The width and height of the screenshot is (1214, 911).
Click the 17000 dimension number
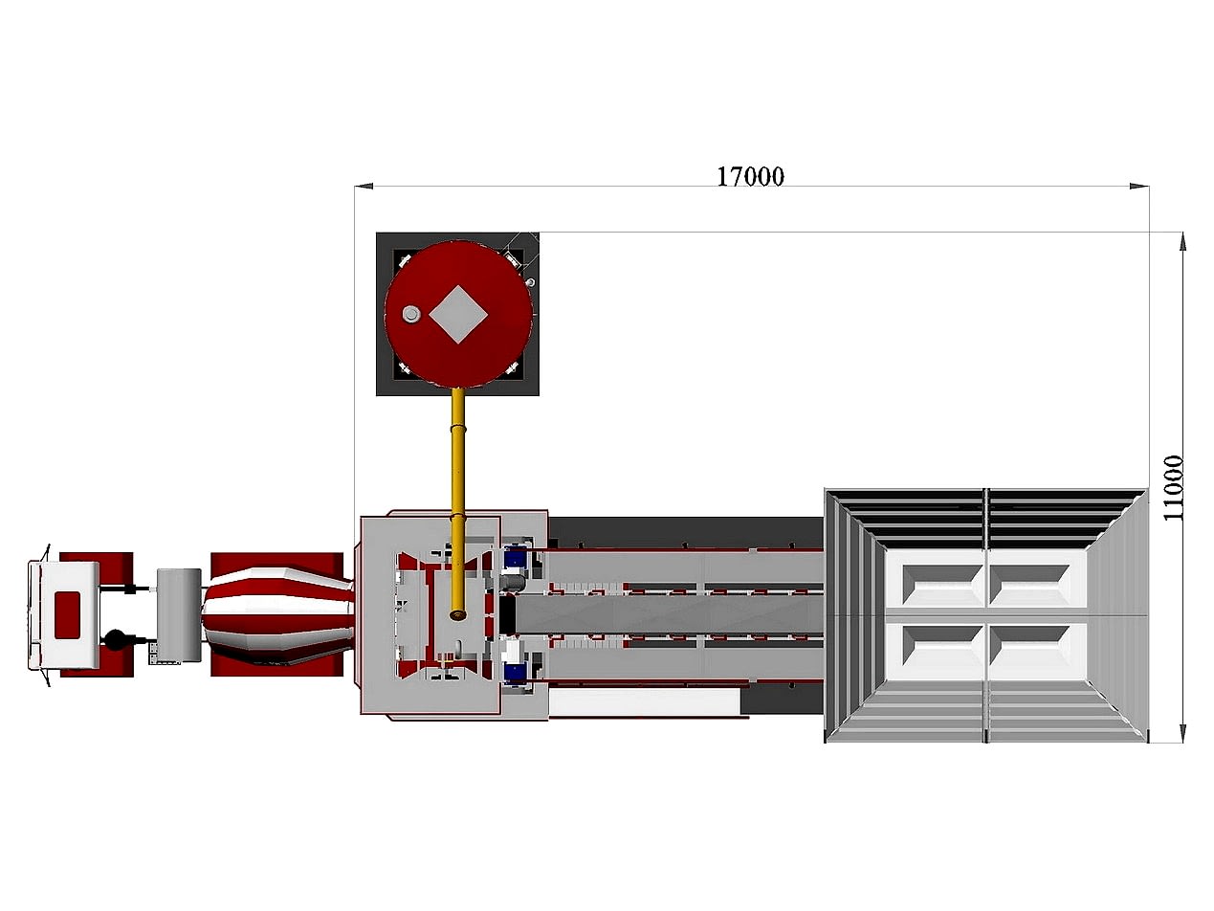750,176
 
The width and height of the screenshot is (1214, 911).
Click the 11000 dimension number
1173,487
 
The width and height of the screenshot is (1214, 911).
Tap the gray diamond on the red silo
458,314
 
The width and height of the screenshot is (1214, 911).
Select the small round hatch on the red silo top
411,314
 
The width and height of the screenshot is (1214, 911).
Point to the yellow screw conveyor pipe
458,504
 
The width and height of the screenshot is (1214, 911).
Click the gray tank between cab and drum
179,614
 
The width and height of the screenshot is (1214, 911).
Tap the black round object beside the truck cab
116,640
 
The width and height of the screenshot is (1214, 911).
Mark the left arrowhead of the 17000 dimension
364,187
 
